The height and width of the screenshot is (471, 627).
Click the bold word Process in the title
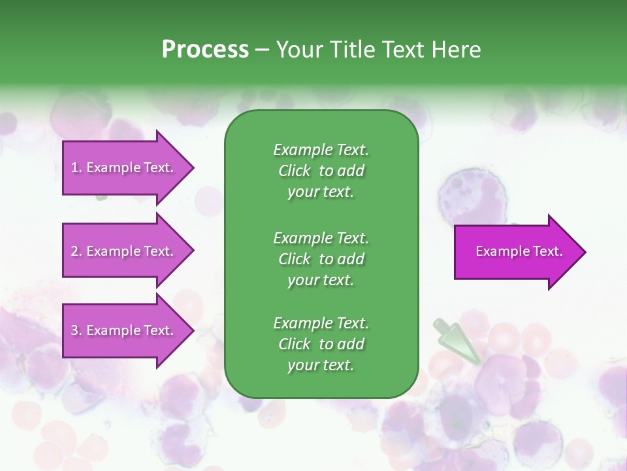[205, 50]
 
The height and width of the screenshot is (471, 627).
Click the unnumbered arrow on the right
[516, 252]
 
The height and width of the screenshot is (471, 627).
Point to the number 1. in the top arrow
[76, 167]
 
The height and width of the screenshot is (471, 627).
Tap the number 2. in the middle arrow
[76, 251]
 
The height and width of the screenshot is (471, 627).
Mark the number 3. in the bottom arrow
[76, 330]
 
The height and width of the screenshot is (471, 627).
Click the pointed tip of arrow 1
[191, 167]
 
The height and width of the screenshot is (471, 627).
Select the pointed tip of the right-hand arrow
[583, 252]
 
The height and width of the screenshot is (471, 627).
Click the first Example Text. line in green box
[321, 150]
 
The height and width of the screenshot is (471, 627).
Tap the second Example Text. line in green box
[321, 237]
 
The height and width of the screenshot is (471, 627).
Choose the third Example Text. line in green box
[321, 323]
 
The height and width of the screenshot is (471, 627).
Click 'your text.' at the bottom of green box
[321, 366]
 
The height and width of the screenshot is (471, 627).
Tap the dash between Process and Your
[263, 50]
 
